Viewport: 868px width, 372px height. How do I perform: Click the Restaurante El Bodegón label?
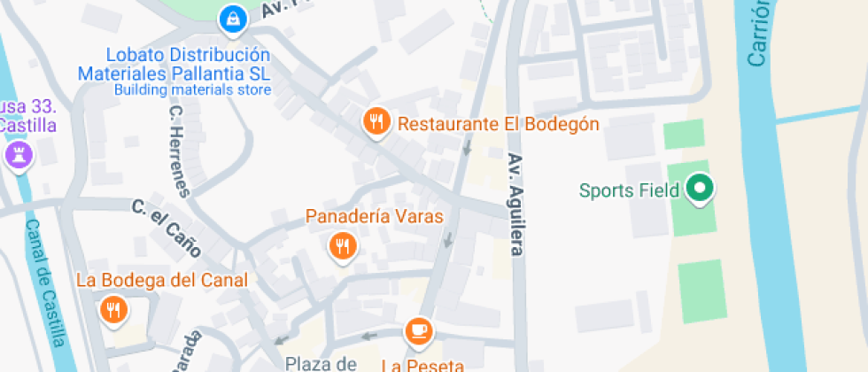(499, 124)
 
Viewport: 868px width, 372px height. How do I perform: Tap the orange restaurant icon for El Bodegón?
(377, 121)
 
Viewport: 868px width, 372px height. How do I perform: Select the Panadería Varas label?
(375, 216)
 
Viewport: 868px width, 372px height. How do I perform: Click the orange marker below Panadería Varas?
(342, 246)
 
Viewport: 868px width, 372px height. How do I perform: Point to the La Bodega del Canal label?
(162, 281)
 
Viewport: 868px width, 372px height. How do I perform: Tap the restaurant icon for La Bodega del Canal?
(113, 309)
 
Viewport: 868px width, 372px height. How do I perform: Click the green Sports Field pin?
(701, 188)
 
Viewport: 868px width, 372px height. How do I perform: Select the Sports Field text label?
(629, 190)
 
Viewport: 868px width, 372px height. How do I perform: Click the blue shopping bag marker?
(232, 18)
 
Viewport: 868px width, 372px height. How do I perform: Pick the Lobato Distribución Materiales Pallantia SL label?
(174, 63)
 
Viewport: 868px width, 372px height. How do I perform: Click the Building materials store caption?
(192, 89)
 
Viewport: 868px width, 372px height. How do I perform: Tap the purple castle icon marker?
(18, 155)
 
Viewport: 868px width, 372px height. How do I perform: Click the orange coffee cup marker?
(418, 330)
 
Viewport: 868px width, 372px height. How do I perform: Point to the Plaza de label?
(321, 363)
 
